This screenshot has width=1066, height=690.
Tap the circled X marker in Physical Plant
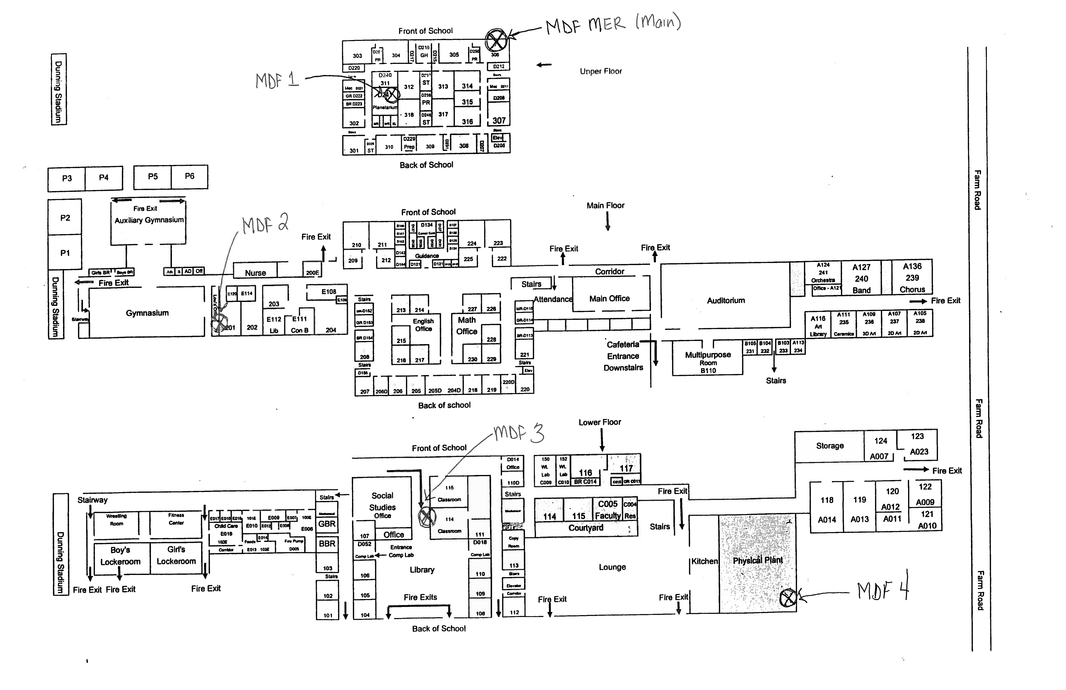pyautogui.click(x=788, y=598)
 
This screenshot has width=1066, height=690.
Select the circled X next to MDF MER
pyautogui.click(x=496, y=40)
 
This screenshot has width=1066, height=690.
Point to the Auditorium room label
pyautogui.click(x=726, y=301)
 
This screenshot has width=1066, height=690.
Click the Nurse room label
pyautogui.click(x=255, y=273)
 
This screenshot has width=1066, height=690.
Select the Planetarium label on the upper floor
pyautogui.click(x=385, y=108)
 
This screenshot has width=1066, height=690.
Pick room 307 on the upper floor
pyautogui.click(x=499, y=121)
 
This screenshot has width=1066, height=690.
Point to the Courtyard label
pyautogui.click(x=586, y=528)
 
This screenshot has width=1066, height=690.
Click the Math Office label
pyautogui.click(x=467, y=326)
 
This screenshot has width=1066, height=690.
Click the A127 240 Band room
pyautogui.click(x=861, y=278)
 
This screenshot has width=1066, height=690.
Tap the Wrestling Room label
pyautogui.click(x=117, y=520)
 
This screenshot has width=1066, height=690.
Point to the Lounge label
pyautogui.click(x=612, y=567)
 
